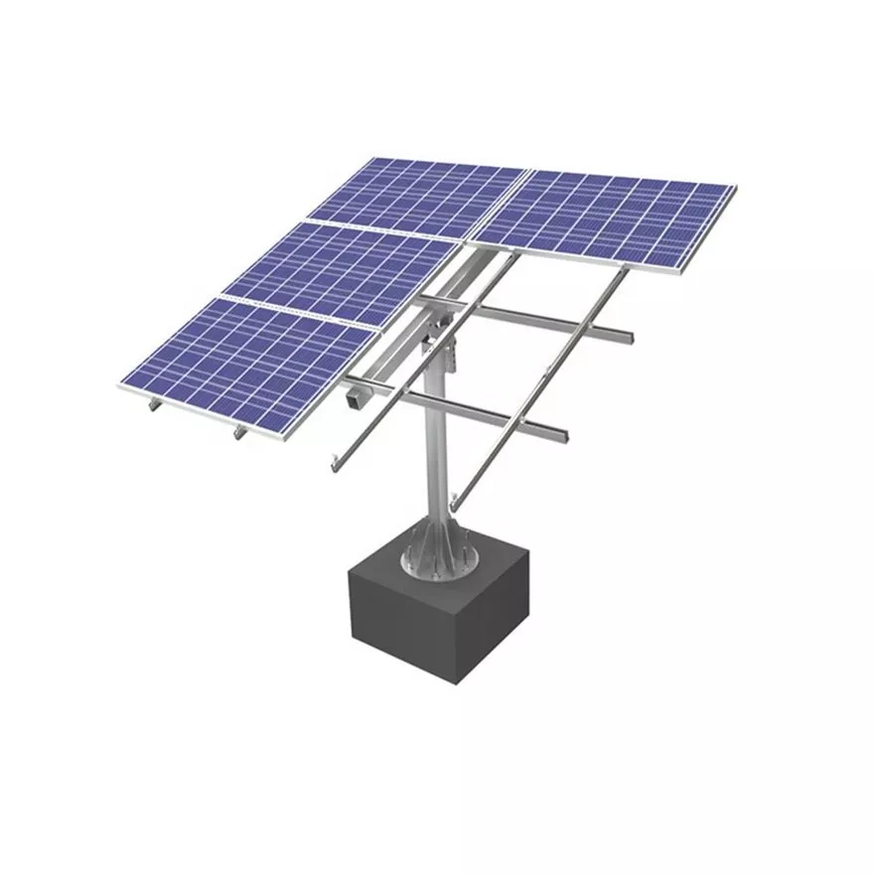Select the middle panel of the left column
pyautogui.click(x=338, y=268)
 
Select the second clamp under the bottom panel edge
pyautogui.click(x=238, y=432)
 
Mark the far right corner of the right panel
pyautogui.click(x=735, y=187)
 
